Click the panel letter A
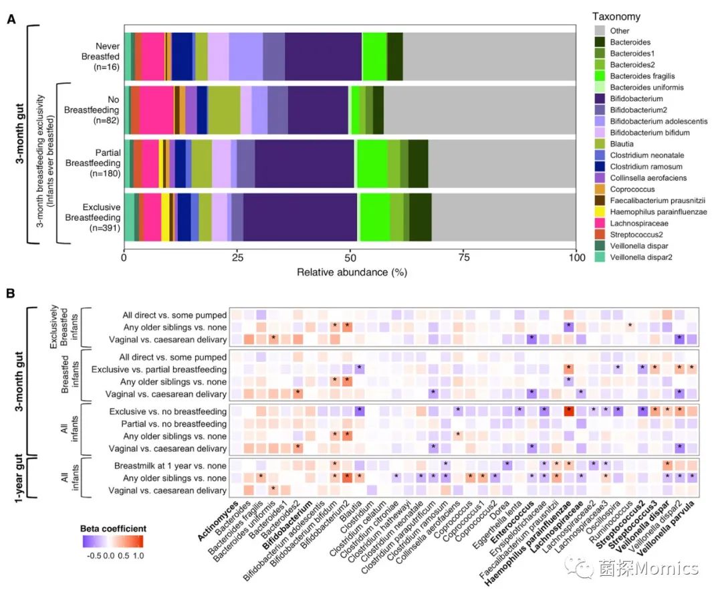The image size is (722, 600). pos(11,19)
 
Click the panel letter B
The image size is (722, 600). pos(11,293)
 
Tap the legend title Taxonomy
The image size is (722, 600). pos(616,17)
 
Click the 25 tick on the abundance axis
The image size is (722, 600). pos(237,256)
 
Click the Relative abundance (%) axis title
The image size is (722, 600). pos(352,272)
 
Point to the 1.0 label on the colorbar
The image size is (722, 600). pos(139,555)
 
